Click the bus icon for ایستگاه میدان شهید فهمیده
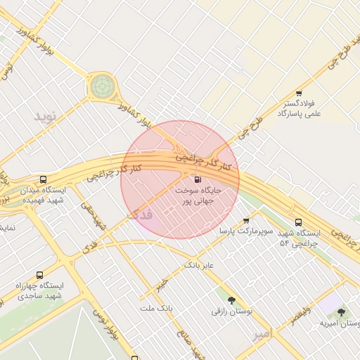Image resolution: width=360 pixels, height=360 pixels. click(44, 179)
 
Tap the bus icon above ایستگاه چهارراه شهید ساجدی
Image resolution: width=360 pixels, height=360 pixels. click(39, 275)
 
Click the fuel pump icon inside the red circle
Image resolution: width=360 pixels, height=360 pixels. click(196, 179)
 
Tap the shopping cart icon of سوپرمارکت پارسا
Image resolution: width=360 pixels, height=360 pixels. click(245, 221)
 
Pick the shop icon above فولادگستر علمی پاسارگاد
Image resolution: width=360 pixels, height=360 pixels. click(299, 94)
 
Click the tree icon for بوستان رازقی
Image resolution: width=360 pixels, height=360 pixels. click(231, 300)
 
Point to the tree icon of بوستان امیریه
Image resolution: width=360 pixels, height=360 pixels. click(341, 312)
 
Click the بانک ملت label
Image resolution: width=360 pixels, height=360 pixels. click(156, 308)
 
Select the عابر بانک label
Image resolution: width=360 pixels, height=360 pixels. click(198, 265)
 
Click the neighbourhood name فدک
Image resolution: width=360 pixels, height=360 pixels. click(141, 212)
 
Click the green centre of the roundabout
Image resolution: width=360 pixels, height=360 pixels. click(101, 86)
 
